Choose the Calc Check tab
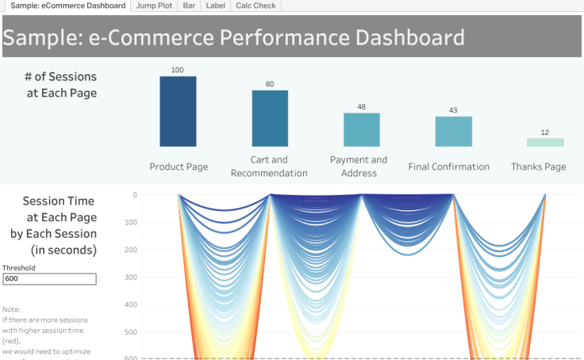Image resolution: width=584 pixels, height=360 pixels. click(x=255, y=6)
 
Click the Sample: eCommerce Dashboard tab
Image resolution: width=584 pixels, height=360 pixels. click(x=67, y=6)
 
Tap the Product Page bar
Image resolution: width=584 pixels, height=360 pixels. click(x=178, y=111)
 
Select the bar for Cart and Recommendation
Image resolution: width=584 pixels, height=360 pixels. click(x=270, y=118)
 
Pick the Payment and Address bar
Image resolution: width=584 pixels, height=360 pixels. click(x=362, y=129)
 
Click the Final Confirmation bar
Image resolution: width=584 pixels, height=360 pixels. click(x=453, y=131)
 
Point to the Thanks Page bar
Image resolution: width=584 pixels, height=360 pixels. click(x=545, y=142)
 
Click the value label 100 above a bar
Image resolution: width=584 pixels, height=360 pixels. click(x=178, y=70)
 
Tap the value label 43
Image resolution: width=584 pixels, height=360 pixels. click(x=453, y=110)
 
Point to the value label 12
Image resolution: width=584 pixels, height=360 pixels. click(x=545, y=132)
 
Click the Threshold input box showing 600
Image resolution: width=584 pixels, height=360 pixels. click(x=49, y=279)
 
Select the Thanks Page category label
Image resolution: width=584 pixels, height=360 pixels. click(x=539, y=167)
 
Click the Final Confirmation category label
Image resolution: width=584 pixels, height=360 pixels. click(x=449, y=167)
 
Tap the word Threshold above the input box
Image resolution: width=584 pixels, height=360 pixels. click(x=19, y=268)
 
